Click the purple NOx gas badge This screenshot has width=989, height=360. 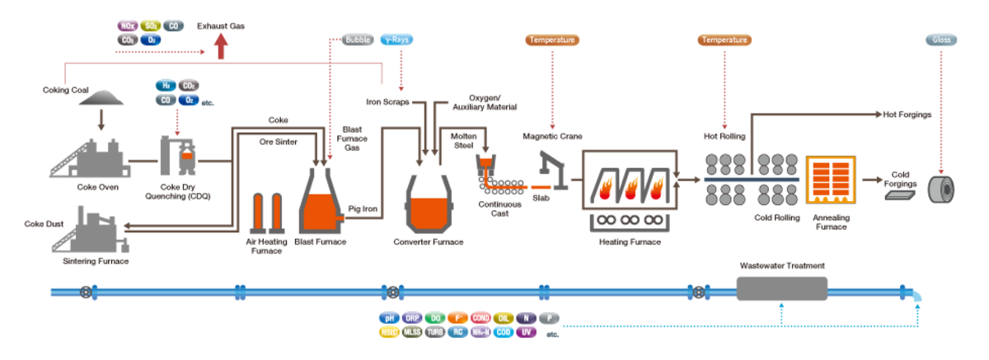[x=127, y=26]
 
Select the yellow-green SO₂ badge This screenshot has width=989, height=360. [x=151, y=26]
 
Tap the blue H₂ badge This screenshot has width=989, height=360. [x=166, y=85]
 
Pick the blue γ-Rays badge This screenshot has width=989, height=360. [x=396, y=40]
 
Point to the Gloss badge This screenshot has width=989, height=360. [x=940, y=40]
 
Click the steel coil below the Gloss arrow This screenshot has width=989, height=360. [x=940, y=188]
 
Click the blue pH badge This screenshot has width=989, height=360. [x=389, y=318]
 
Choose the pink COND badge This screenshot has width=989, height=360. [x=482, y=318]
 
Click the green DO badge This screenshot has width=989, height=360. [x=436, y=318]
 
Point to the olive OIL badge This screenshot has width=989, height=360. [x=505, y=318]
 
